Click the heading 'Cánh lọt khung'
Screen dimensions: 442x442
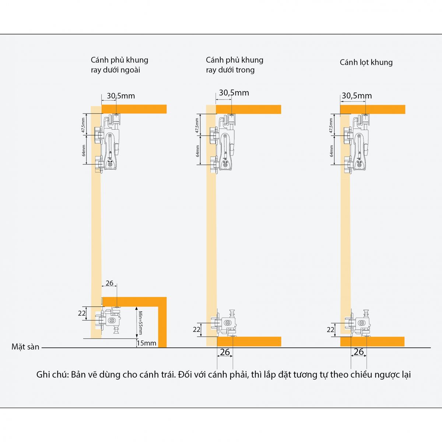[x=366, y=62]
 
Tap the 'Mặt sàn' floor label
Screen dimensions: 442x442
[x=25, y=347]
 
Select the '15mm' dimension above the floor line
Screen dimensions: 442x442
[x=147, y=343]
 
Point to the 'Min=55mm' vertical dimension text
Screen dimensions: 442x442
[x=140, y=322]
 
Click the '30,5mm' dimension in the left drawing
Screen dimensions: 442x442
[x=121, y=96]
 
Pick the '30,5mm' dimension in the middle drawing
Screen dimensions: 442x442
[x=234, y=93]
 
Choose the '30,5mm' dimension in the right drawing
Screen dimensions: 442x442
[x=357, y=96]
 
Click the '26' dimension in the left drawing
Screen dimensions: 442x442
[x=109, y=283]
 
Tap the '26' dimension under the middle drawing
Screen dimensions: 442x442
[x=225, y=352]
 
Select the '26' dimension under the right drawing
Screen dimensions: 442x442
[x=358, y=352]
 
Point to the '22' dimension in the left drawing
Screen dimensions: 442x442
[x=81, y=313]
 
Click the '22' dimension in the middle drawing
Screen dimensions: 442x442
[x=197, y=329]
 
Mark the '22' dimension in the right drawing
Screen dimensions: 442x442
[x=330, y=330]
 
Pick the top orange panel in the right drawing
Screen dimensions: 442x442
[x=372, y=109]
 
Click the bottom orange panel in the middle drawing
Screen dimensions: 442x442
[x=249, y=341]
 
